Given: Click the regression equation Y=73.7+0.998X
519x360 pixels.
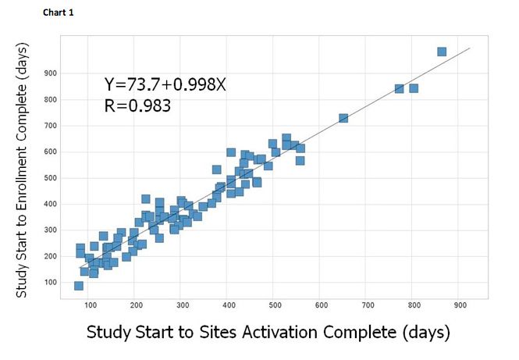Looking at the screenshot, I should coord(165,85).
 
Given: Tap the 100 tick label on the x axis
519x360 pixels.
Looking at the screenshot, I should coord(91,305).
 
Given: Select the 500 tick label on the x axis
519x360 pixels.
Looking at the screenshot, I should coord(275,305).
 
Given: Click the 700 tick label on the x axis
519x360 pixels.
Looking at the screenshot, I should coord(367,305).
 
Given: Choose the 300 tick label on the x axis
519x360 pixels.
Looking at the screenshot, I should coord(183,305).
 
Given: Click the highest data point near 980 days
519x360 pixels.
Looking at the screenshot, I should coord(442,52).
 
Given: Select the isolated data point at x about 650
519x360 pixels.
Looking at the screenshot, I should coord(343,118).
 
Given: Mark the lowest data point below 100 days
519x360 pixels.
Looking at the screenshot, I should coord(79,286).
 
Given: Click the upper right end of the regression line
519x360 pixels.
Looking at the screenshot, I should coord(469,48).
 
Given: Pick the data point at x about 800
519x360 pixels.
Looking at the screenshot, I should coord(414,88).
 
